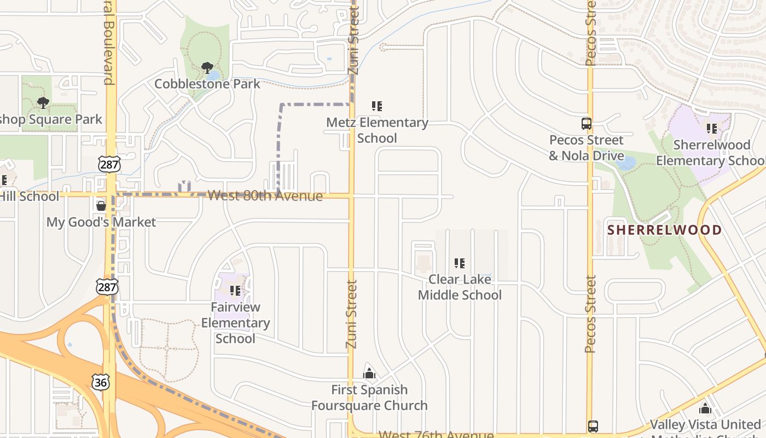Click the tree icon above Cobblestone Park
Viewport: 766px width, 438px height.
pyautogui.click(x=207, y=68)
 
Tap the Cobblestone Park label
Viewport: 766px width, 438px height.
pyautogui.click(x=207, y=84)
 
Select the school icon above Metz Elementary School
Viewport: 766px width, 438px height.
pyautogui.click(x=376, y=106)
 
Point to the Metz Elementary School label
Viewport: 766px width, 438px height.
pyautogui.click(x=377, y=130)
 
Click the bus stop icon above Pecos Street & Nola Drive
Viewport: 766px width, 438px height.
pyautogui.click(x=586, y=124)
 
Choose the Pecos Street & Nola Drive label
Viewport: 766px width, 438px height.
pyautogui.click(x=586, y=148)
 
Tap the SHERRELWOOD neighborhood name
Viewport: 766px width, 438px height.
pyautogui.click(x=664, y=229)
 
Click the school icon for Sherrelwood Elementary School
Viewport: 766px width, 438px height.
pyautogui.click(x=711, y=129)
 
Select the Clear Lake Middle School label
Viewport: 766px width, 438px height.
pyautogui.click(x=460, y=287)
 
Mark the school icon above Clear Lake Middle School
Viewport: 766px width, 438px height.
pyautogui.click(x=460, y=263)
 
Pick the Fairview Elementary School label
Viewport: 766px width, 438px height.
pyautogui.click(x=235, y=322)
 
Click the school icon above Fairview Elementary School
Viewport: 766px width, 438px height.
pyautogui.click(x=235, y=291)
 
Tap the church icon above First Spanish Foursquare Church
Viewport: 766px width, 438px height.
pyautogui.click(x=369, y=373)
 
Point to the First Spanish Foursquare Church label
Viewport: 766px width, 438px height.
pyautogui.click(x=369, y=397)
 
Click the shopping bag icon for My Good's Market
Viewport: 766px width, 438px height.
pyautogui.click(x=101, y=206)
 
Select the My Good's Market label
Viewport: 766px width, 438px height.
pyautogui.click(x=101, y=222)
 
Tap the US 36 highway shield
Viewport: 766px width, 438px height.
pyautogui.click(x=101, y=382)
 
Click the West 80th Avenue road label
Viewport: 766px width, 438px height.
pyautogui.click(x=265, y=195)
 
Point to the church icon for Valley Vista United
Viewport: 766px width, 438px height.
pyautogui.click(x=705, y=408)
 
